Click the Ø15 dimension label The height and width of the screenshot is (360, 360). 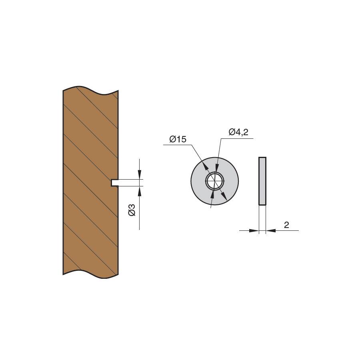coord(178,139)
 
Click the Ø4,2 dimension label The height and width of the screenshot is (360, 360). coord(238,132)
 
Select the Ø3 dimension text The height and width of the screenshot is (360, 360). coord(132,210)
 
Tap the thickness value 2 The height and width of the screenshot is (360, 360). coord(286,225)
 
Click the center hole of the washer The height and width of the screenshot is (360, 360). coord(215,181)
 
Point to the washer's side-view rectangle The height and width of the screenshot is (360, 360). coord(262,181)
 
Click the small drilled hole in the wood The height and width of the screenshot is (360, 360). coord(114,183)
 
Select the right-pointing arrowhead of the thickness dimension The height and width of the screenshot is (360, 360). coord(254,230)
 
